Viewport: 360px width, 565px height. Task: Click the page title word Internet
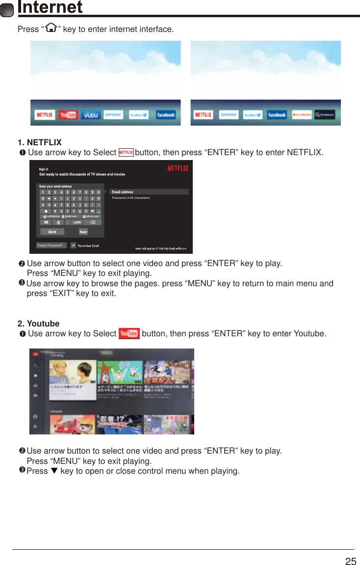pyautogui.click(x=50, y=7)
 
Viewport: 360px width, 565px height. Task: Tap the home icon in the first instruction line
pyautogui.click(x=50, y=28)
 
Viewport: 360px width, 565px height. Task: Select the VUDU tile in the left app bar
pyautogui.click(x=91, y=115)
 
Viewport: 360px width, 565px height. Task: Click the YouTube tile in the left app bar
pyautogui.click(x=68, y=115)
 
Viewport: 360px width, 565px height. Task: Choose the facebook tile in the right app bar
pyautogui.click(x=277, y=115)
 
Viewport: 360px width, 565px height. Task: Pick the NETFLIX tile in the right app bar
pyautogui.click(x=203, y=115)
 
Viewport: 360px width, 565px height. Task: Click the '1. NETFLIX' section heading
pyautogui.click(x=40, y=142)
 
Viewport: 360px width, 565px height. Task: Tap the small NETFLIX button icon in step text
pyautogui.click(x=126, y=153)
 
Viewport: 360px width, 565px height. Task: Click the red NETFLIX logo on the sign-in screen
pyautogui.click(x=178, y=168)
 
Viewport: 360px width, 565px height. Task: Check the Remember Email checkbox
pyautogui.click(x=74, y=245)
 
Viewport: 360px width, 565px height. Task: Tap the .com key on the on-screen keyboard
pyautogui.click(x=77, y=222)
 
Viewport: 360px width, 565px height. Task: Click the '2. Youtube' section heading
pyautogui.click(x=38, y=323)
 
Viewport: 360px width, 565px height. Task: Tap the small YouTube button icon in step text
pyautogui.click(x=129, y=334)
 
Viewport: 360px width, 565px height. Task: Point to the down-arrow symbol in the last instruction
pyautogui.click(x=54, y=471)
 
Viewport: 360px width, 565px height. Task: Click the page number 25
pyautogui.click(x=350, y=562)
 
